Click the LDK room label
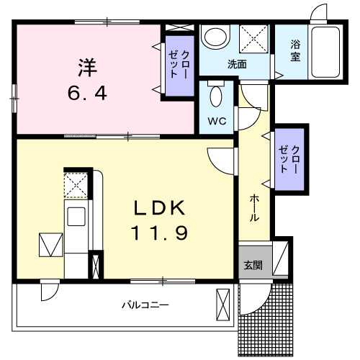[x=160, y=208]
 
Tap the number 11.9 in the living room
[x=159, y=233]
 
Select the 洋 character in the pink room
[x=87, y=68]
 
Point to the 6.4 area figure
[x=87, y=93]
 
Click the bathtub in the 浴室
[x=325, y=52]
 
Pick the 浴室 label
[x=295, y=50]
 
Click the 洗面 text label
[x=237, y=64]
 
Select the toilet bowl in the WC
[x=216, y=96]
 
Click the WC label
[x=217, y=121]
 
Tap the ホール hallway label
[x=254, y=208]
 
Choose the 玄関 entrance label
[x=253, y=266]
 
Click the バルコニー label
[x=145, y=305]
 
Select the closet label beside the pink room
[x=179, y=64]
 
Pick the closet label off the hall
[x=289, y=159]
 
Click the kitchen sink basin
[x=76, y=217]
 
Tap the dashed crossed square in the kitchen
[x=76, y=185]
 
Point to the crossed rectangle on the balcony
[x=223, y=305]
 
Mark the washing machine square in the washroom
[x=253, y=39]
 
